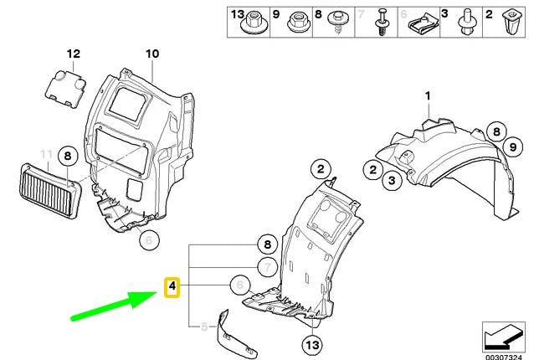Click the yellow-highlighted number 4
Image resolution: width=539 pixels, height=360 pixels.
coord(171,288)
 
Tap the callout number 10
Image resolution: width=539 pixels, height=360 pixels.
coord(151,54)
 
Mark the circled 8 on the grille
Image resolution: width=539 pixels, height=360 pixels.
coord(69,155)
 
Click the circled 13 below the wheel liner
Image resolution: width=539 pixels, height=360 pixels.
coord(312,344)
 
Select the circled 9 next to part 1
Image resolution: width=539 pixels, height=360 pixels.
coord(506,149)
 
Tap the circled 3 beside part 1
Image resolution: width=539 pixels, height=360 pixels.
coord(390,178)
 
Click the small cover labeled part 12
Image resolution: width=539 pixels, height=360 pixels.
coord(66,88)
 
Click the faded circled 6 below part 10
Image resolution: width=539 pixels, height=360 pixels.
coord(147,239)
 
